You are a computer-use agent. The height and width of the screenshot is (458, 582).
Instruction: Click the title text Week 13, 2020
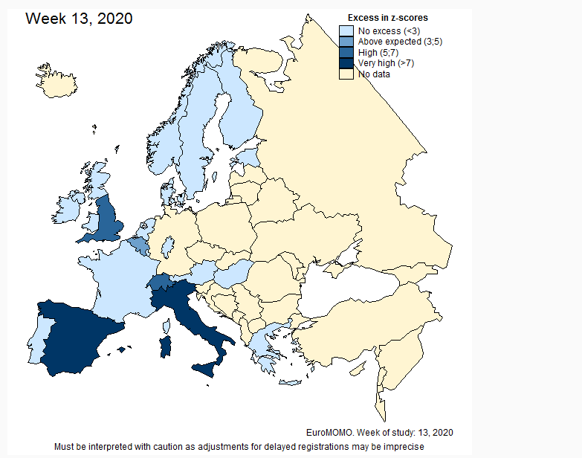click(79, 19)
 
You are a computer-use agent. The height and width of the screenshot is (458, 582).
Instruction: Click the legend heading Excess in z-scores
click(387, 18)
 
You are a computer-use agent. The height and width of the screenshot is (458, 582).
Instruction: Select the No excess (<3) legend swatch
click(346, 31)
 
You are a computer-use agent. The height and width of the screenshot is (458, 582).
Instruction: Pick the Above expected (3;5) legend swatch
click(346, 42)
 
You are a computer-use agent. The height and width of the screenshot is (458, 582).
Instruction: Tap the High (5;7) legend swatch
click(346, 53)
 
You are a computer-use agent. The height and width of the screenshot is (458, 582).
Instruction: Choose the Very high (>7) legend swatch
click(346, 64)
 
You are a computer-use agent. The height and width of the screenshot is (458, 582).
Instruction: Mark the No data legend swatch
click(346, 74)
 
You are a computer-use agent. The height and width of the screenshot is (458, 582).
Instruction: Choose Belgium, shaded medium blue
click(138, 245)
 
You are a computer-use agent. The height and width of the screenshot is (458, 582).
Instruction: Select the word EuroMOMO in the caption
click(327, 432)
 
